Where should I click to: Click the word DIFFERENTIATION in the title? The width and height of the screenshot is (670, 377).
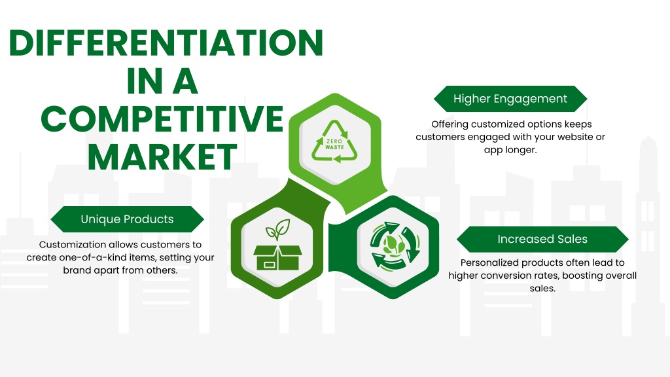(166, 43)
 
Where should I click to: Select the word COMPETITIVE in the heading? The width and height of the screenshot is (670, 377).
(162, 118)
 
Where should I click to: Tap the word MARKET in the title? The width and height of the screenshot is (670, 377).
(162, 157)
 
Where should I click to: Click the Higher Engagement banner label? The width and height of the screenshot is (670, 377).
(510, 99)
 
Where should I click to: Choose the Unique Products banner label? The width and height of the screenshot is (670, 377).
(127, 219)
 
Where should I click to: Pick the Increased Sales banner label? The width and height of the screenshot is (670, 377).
(542, 239)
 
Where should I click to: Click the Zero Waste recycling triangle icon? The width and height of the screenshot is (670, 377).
(334, 142)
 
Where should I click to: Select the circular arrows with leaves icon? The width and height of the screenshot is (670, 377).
(393, 246)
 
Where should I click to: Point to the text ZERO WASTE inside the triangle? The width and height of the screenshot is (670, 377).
(334, 145)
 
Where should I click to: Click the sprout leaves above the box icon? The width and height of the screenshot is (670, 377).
(277, 229)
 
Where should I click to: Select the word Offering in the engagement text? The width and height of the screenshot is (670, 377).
(449, 124)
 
